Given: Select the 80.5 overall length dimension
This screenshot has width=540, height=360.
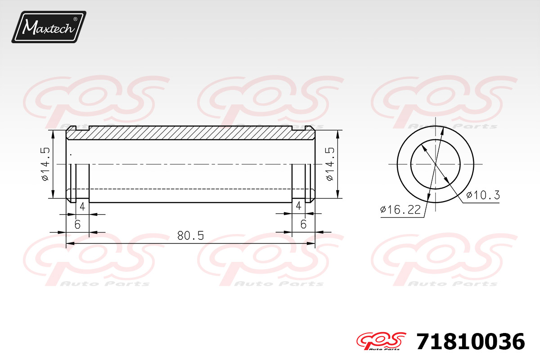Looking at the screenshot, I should click(190, 235).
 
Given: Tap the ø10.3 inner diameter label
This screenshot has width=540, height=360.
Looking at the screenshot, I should click(483, 195).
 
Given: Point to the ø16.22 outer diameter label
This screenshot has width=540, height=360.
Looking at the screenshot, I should click(400, 210).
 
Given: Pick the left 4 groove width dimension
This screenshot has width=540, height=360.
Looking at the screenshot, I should click(82, 207).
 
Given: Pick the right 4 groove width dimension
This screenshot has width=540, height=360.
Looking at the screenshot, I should click(298, 207).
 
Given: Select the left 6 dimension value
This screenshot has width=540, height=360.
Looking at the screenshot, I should click(77, 224).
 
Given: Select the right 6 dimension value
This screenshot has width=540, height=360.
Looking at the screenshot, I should click(303, 224).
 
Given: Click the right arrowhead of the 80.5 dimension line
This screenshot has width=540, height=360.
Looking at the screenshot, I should click(311, 244).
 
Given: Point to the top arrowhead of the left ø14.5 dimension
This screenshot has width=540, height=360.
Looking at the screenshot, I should click(54, 133).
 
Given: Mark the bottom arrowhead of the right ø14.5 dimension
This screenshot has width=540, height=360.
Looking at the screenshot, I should click(337, 194).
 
